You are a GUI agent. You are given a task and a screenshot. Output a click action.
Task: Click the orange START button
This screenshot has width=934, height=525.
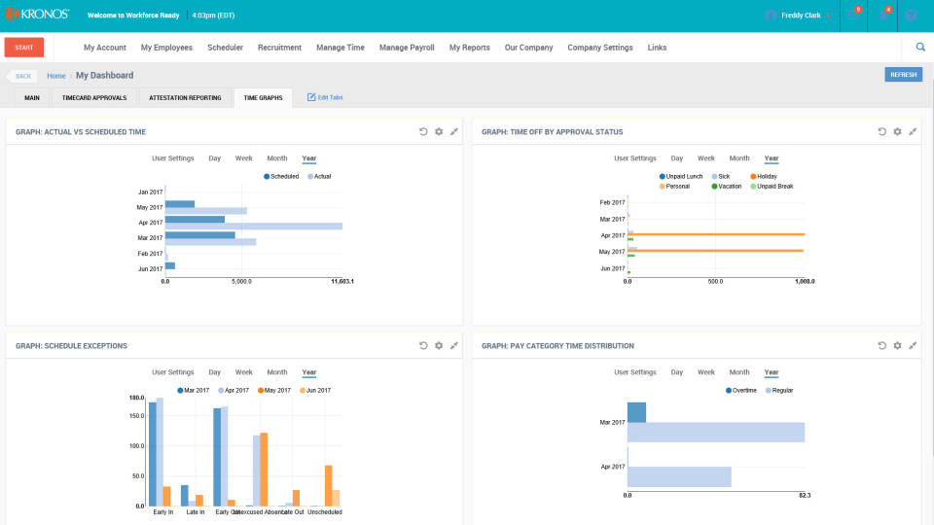(24, 47)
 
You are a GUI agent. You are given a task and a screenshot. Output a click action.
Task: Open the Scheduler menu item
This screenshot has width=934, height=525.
(225, 48)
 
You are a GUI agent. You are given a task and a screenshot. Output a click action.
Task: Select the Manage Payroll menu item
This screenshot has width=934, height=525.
(407, 48)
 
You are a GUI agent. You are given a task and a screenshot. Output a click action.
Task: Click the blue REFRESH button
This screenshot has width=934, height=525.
(903, 75)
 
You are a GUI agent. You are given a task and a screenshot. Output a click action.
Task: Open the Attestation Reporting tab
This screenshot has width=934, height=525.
(185, 97)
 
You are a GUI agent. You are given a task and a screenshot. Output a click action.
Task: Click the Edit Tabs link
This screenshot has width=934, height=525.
(325, 97)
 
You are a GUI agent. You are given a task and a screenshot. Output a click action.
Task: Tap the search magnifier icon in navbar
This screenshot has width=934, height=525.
(920, 47)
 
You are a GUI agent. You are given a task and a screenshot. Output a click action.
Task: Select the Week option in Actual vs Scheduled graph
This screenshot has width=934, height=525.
(243, 158)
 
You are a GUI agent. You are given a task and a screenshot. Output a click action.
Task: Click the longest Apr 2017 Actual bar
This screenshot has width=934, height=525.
(253, 227)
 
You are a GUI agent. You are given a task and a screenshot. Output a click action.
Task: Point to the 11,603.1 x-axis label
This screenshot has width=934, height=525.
(341, 282)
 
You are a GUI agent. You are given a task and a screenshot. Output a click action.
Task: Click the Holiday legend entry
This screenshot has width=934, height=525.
(764, 176)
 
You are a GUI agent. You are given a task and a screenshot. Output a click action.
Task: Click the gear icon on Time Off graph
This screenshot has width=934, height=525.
(897, 131)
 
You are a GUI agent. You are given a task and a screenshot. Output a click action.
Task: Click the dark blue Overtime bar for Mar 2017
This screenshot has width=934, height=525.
(636, 412)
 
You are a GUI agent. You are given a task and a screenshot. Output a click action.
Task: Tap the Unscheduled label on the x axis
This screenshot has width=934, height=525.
(324, 512)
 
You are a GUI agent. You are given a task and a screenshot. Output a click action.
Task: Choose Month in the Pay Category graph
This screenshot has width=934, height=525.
(739, 372)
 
